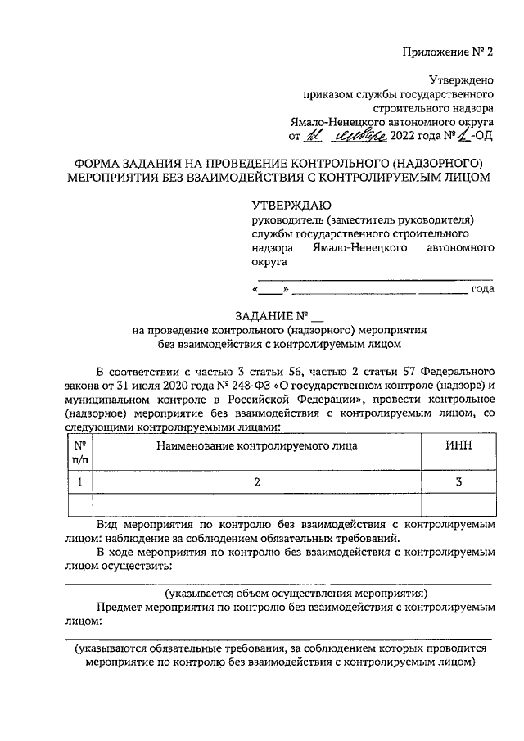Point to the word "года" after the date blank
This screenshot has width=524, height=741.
pyautogui.click(x=481, y=289)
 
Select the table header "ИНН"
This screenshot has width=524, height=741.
pyautogui.click(x=458, y=447)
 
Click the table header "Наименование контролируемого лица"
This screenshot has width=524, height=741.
pyautogui.click(x=256, y=447)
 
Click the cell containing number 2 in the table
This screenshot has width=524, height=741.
pyautogui.click(x=256, y=483)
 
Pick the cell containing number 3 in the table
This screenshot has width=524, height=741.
pyautogui.click(x=458, y=483)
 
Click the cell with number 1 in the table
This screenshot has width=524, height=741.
pyautogui.click(x=79, y=483)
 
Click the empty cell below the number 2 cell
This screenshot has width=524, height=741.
pyautogui.click(x=256, y=505)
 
